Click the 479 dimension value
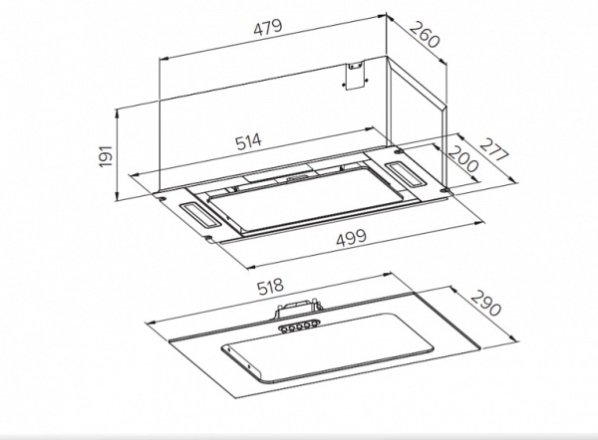(x=268, y=27)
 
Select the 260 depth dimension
(x=425, y=35)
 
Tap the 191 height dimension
(x=106, y=155)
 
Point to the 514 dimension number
(x=248, y=141)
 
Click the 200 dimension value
(x=462, y=159)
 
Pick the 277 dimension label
(x=494, y=149)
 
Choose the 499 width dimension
(x=351, y=238)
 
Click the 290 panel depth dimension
(x=484, y=304)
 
